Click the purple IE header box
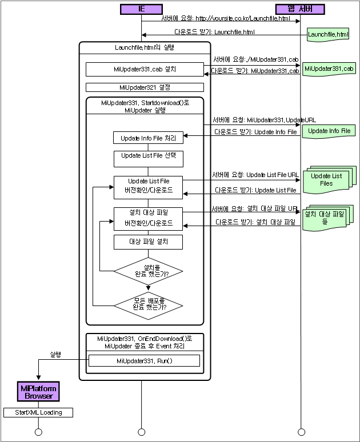(x=141, y=9)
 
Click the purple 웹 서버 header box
(x=299, y=9)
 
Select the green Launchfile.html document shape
(x=328, y=35)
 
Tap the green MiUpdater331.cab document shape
(x=329, y=69)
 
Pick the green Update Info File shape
(x=329, y=131)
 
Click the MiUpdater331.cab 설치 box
(x=145, y=69)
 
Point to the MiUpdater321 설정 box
(x=145, y=87)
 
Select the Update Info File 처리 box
(x=148, y=138)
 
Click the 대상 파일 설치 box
(x=148, y=242)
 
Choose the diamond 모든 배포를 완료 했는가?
(x=148, y=304)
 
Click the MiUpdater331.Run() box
(x=144, y=361)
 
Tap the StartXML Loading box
(x=38, y=412)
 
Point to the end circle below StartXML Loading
(x=38, y=432)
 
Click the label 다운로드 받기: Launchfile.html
(x=215, y=32)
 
